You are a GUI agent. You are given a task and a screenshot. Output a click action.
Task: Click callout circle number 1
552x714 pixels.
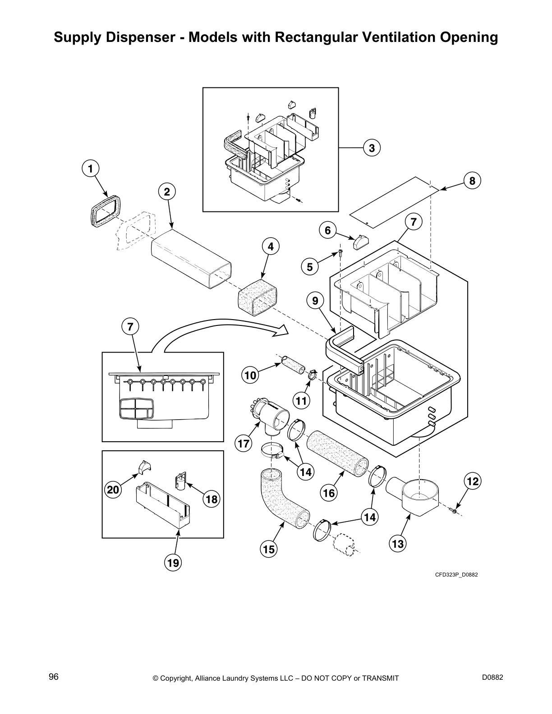(x=91, y=169)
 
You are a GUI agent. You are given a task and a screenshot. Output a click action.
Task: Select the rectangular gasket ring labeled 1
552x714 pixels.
(x=106, y=210)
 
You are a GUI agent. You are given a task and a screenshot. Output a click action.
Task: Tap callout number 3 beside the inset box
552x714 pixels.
(x=371, y=148)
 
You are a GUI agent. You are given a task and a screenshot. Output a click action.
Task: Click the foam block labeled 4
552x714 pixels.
(x=257, y=298)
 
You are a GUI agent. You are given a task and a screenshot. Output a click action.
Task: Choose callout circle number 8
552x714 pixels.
(x=472, y=181)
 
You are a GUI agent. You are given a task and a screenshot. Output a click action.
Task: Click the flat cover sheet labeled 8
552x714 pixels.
(x=395, y=201)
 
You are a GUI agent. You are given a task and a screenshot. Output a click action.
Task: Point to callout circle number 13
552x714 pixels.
(x=398, y=544)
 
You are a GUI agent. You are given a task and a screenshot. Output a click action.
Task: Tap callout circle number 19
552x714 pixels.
(x=173, y=563)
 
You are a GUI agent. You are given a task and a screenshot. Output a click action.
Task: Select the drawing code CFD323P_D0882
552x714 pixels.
(x=456, y=575)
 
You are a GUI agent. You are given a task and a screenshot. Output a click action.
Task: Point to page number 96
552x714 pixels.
(x=54, y=677)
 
